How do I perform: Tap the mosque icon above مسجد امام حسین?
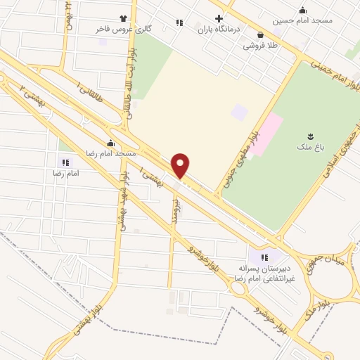[303, 10]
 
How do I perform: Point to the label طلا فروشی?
[260, 45]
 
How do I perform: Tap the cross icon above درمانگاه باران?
[219, 18]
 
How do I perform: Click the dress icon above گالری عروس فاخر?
[124, 18]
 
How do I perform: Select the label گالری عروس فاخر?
[124, 30]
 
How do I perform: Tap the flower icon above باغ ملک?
[309, 135]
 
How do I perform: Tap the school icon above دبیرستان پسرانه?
[265, 257]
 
